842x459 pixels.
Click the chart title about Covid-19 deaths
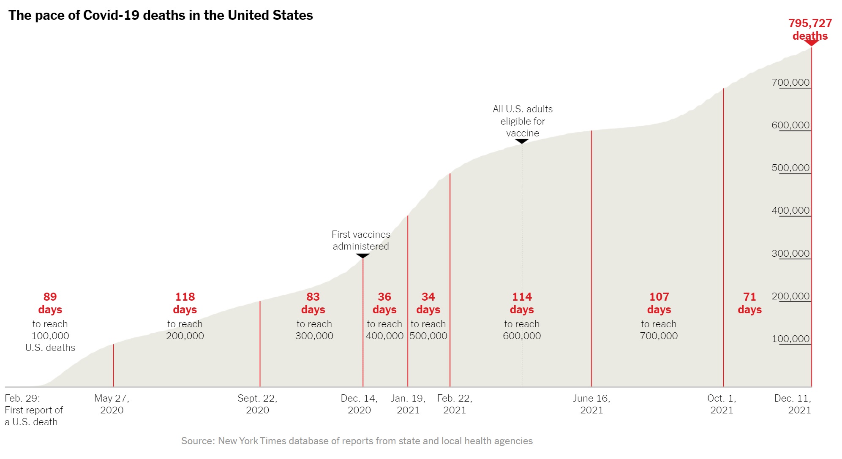tap(161, 15)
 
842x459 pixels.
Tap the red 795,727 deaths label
tap(810, 29)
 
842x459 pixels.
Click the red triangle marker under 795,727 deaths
tap(811, 43)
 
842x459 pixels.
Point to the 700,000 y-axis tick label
tap(790, 82)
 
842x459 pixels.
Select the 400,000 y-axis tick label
tap(790, 210)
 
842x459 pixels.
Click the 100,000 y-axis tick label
tap(790, 339)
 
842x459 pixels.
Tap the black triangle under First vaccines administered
tap(362, 256)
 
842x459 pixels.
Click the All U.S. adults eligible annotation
tap(523, 121)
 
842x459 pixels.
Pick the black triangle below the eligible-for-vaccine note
tap(522, 141)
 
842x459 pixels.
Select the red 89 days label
tap(50, 303)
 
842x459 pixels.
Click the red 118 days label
tap(185, 303)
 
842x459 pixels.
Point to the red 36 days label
tap(384, 303)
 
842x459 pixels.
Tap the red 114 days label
tap(522, 303)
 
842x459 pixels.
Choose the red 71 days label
tap(749, 303)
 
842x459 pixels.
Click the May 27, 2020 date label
tap(112, 404)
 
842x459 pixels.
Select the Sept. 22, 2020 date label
tap(257, 404)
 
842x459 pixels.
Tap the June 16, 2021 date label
tap(591, 404)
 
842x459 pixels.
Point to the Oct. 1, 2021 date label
tap(722, 404)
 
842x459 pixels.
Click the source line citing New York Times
tap(357, 441)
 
